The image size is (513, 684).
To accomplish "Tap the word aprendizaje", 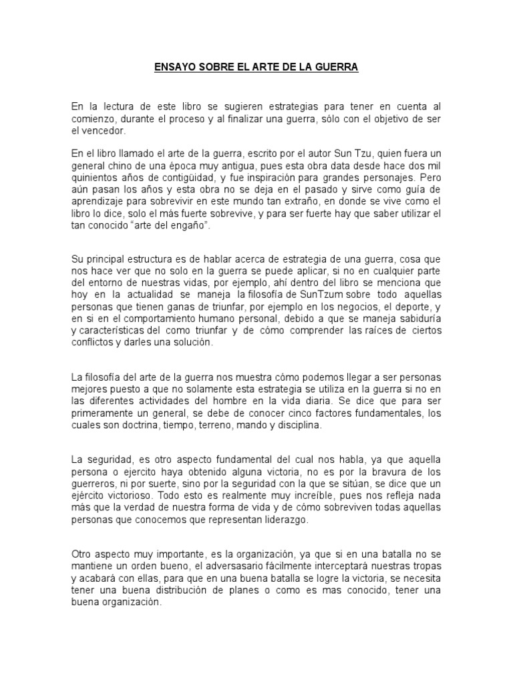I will tap(98, 202).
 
